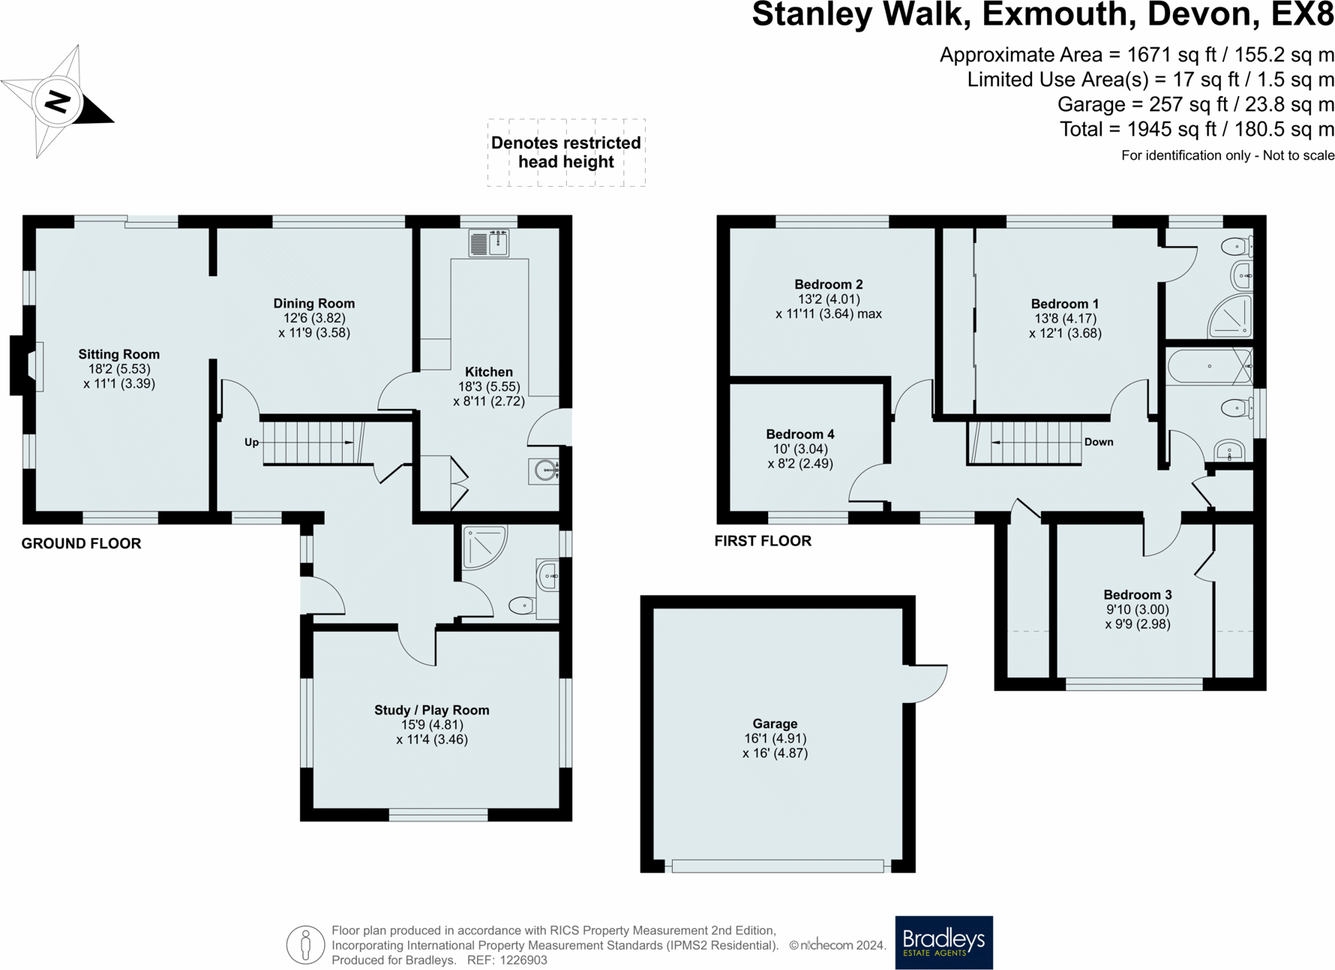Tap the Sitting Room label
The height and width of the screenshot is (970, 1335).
(119, 354)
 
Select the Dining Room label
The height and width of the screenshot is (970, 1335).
(314, 303)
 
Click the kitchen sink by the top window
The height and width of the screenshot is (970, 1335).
(489, 243)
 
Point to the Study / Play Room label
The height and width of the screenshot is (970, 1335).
(432, 710)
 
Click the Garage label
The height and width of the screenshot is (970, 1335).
(775, 724)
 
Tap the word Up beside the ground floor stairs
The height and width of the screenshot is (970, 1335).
(252, 443)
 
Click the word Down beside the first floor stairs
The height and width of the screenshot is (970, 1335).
(1099, 442)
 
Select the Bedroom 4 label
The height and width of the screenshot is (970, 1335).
(800, 434)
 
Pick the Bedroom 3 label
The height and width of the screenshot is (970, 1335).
(1138, 595)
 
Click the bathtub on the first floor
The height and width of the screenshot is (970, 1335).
(1210, 366)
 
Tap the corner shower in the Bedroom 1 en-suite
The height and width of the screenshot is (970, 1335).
(1230, 316)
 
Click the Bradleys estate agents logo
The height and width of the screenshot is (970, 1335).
(944, 942)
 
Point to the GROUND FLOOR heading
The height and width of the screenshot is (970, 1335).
(81, 544)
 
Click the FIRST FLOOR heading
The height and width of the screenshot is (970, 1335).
(763, 541)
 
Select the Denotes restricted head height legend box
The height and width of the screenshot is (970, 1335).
(566, 152)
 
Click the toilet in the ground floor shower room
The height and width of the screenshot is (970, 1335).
(522, 605)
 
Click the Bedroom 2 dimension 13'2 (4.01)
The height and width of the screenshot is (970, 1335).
(829, 299)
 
